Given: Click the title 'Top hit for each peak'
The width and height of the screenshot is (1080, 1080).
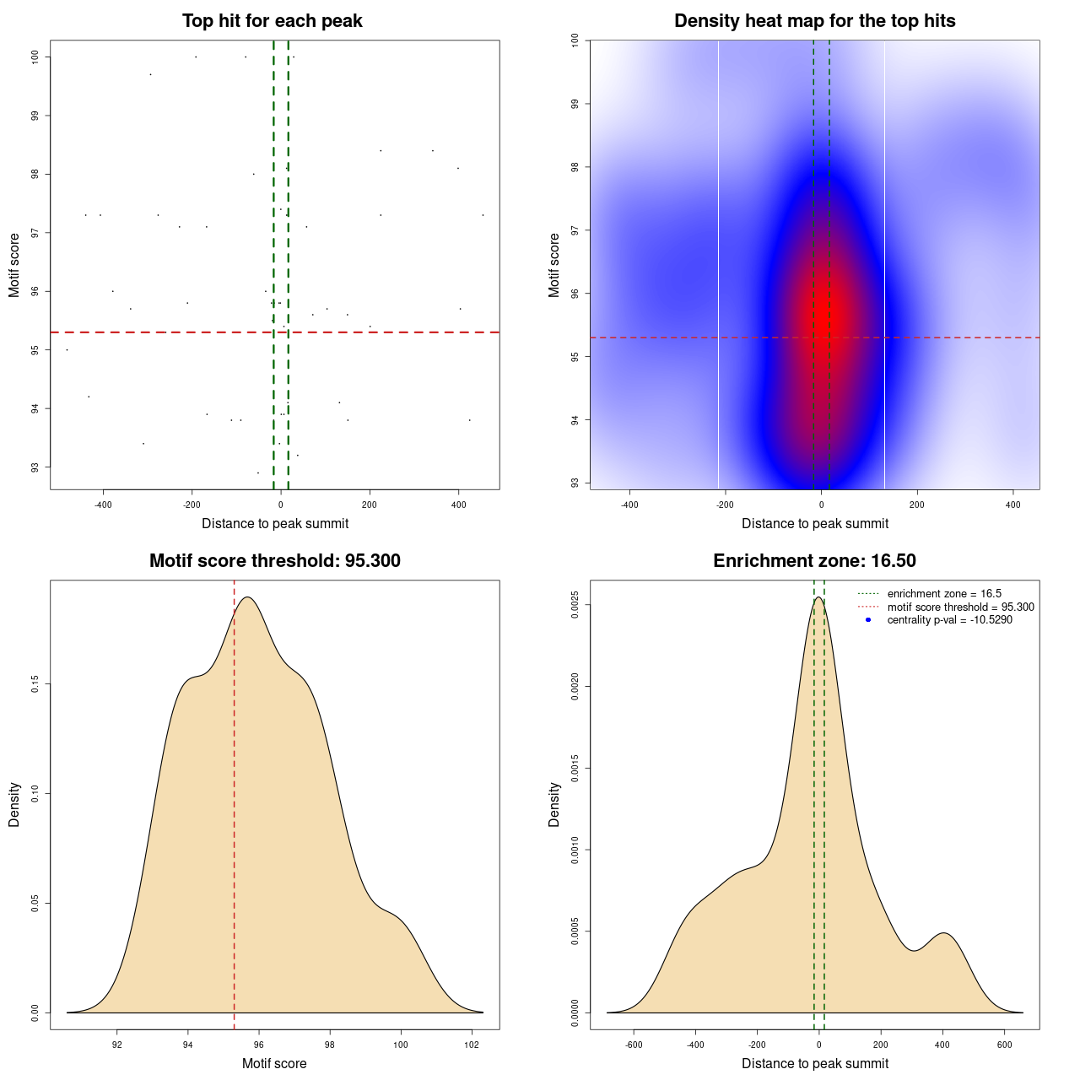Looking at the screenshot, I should tap(272, 21).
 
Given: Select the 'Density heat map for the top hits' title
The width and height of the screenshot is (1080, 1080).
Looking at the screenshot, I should tap(814, 21).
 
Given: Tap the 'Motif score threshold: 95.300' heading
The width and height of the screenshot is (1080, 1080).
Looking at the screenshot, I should tap(274, 561).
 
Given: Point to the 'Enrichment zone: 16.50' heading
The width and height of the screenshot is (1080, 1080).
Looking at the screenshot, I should tap(814, 561).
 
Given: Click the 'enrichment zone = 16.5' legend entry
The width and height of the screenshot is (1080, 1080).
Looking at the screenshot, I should tap(944, 594).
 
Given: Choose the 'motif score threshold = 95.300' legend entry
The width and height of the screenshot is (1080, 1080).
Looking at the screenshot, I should tap(960, 607).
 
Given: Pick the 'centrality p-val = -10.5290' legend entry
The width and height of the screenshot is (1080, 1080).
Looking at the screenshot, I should tap(949, 620).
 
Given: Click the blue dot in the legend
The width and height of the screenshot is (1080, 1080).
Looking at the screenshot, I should tap(868, 620).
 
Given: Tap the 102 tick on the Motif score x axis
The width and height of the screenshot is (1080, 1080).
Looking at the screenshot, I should tap(472, 1045).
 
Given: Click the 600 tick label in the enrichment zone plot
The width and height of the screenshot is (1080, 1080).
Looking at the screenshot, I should tap(1004, 1045).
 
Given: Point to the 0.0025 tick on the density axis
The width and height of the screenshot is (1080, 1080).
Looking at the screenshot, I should tap(575, 605).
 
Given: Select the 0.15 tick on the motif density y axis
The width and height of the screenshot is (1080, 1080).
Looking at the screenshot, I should tap(35, 684).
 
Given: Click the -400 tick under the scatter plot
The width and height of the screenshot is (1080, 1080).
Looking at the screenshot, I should tap(103, 505).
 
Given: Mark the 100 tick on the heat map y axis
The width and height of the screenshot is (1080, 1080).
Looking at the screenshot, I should tap(575, 40).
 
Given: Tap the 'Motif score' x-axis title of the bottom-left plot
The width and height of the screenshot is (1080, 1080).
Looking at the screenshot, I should tap(274, 1064).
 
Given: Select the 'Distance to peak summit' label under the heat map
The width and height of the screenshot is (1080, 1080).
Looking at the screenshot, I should tap(814, 524).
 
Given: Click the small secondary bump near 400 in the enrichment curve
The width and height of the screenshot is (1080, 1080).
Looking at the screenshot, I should tap(943, 933).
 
